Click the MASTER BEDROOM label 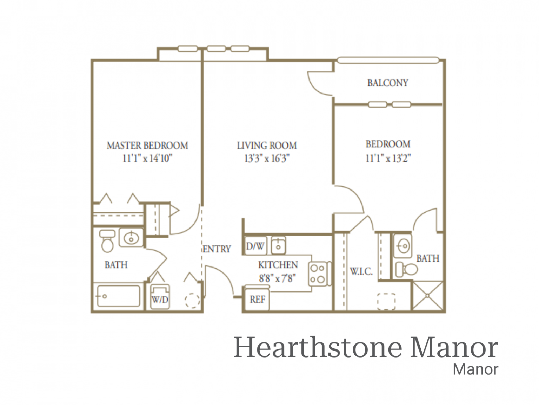point(147,145)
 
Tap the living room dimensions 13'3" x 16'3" point(267,158)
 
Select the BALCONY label point(388,83)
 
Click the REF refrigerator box point(257,299)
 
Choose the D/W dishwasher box point(255,245)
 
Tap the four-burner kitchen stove point(318,274)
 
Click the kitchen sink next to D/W point(278,245)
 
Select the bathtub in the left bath point(118,296)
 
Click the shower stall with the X point(427,296)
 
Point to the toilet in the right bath point(407,270)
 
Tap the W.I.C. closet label point(361,271)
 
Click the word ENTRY point(217,249)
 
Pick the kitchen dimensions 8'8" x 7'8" point(278,278)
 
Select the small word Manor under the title point(475,369)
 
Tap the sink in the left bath point(131,238)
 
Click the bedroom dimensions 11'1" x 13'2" point(388,158)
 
